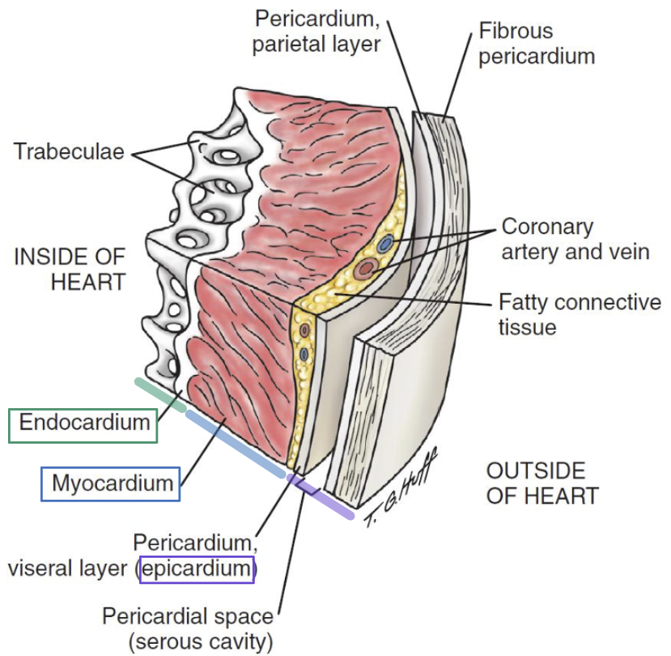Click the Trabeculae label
[69, 151]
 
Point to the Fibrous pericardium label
[537, 44]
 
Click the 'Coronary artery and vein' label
[575, 239]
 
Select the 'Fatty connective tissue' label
[580, 315]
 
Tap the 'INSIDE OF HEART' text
[70, 270]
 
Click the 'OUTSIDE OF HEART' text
[542, 483]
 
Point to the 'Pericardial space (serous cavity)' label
[188, 629]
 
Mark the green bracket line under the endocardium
[159, 392]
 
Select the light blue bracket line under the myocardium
[235, 444]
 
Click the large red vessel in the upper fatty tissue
[367, 267]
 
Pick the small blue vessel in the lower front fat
[303, 354]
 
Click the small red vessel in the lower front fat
[304, 330]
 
